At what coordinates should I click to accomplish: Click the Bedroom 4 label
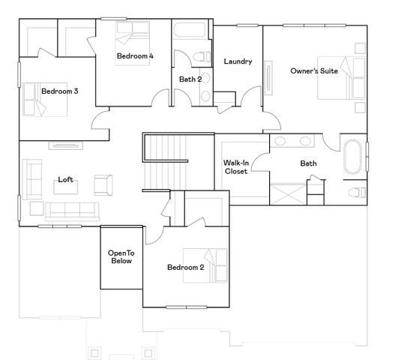click(135, 55)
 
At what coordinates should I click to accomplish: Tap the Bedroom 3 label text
click(60, 91)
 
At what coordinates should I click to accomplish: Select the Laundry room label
click(238, 61)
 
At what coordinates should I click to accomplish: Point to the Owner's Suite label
click(314, 71)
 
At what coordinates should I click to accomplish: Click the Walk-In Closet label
click(235, 166)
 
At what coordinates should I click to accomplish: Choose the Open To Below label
click(121, 257)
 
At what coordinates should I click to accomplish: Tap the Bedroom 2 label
click(185, 268)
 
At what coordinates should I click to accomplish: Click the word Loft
click(66, 180)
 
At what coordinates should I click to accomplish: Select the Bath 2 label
click(190, 79)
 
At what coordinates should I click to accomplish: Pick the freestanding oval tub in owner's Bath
click(353, 156)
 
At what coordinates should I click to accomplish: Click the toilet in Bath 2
click(200, 58)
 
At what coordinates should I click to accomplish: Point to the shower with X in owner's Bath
click(287, 193)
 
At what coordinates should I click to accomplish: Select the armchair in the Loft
click(103, 183)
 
